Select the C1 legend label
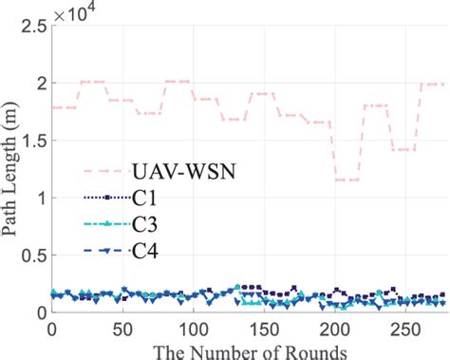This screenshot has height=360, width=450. tap(159, 198)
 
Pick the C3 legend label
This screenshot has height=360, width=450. tap(159, 226)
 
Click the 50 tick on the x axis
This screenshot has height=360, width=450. tap(122, 328)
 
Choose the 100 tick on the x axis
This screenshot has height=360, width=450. tap(193, 328)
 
